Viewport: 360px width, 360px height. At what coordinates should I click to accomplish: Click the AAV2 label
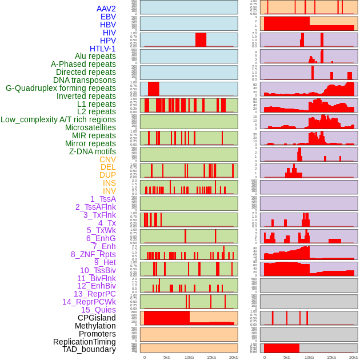pos(106,9)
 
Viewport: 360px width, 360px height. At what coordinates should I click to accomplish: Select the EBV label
pos(108,17)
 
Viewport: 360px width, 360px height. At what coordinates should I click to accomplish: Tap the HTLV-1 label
pos(102,49)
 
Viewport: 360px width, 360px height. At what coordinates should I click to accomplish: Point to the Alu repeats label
pos(95,56)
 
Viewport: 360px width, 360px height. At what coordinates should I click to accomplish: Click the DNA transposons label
pos(85,80)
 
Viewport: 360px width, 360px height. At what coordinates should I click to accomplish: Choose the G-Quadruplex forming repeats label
pos(61,88)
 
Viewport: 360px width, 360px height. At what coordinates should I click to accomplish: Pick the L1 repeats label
pos(96,104)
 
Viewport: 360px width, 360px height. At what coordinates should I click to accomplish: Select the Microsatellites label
pos(90,127)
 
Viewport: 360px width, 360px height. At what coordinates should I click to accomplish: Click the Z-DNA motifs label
pos(92,151)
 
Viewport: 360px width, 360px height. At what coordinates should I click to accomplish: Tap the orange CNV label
pos(107,159)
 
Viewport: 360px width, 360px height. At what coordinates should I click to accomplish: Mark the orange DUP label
pos(107,175)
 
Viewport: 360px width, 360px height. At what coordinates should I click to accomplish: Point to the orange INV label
pos(109,191)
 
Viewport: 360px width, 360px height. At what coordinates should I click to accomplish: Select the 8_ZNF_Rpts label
pos(93,254)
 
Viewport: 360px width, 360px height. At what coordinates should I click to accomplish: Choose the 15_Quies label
pos(98,310)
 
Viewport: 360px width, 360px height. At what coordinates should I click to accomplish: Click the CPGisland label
pos(97,318)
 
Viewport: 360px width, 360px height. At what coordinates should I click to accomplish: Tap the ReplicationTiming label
pos(84,342)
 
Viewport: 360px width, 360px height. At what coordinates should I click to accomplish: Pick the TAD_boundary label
pos(89,349)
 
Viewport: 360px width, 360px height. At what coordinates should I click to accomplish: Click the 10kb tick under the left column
pos(189,357)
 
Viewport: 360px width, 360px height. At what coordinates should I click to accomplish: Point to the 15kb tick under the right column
pos(331,357)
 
